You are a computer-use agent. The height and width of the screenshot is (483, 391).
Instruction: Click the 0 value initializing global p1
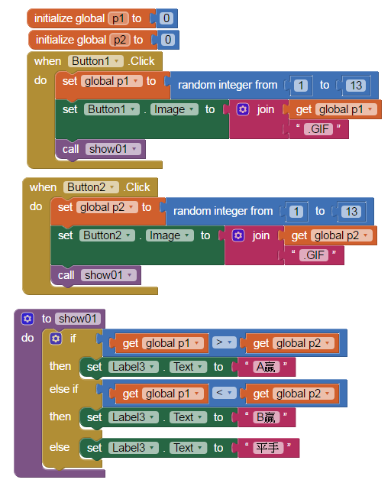pyautogui.click(x=166, y=18)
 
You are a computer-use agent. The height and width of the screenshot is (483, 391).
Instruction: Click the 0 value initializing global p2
pyautogui.click(x=168, y=40)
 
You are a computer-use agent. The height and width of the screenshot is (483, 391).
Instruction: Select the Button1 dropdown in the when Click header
pyautogui.click(x=95, y=61)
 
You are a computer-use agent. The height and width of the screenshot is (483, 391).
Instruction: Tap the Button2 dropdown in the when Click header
pyautogui.click(x=91, y=187)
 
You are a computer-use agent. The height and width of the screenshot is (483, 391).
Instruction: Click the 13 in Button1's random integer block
pyautogui.click(x=356, y=86)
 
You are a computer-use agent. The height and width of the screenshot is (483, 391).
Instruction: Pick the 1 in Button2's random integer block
pyautogui.click(x=296, y=212)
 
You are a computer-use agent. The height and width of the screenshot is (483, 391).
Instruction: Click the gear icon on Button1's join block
pyautogui.click(x=243, y=109)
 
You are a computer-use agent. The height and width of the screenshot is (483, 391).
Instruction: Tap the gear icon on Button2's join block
pyautogui.click(x=238, y=235)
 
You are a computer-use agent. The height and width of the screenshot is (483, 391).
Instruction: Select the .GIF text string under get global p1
pyautogui.click(x=318, y=128)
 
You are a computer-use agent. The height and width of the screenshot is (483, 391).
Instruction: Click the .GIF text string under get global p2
pyautogui.click(x=314, y=255)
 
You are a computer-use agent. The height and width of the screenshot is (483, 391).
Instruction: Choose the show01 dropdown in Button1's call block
pyautogui.click(x=113, y=149)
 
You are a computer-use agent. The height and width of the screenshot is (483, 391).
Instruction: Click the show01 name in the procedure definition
pyautogui.click(x=78, y=319)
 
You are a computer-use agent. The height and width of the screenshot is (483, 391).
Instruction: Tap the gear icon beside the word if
pyautogui.click(x=56, y=339)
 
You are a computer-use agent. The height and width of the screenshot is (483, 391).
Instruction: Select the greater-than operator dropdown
pyautogui.click(x=224, y=342)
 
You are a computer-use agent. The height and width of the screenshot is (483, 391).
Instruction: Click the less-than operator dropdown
pyautogui.click(x=224, y=393)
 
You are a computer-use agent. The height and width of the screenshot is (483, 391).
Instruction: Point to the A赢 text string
pyautogui.click(x=266, y=367)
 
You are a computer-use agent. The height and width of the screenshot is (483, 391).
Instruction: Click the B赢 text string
pyautogui.click(x=266, y=417)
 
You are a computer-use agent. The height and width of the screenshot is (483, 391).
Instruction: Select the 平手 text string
pyautogui.click(x=268, y=448)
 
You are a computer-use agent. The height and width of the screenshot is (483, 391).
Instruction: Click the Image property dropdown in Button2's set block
pyautogui.click(x=170, y=235)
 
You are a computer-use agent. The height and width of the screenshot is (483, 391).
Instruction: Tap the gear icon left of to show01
pyautogui.click(x=27, y=319)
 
